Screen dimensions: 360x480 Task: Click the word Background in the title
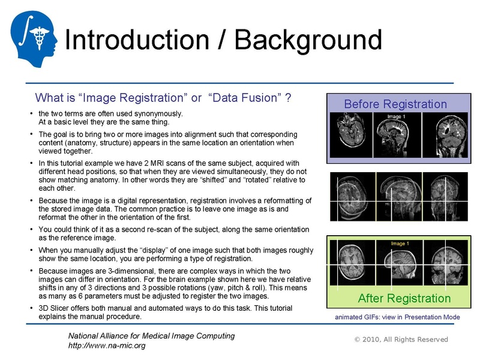coord(308,40)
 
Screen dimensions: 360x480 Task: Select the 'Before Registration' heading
coord(395,104)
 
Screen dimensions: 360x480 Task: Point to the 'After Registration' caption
coord(404,298)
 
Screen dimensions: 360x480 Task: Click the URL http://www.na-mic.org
coord(107,346)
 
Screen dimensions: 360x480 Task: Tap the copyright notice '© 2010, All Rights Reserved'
coord(401,340)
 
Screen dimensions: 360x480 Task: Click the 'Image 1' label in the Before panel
coord(395,116)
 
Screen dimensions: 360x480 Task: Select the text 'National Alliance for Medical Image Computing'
coord(151,336)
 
